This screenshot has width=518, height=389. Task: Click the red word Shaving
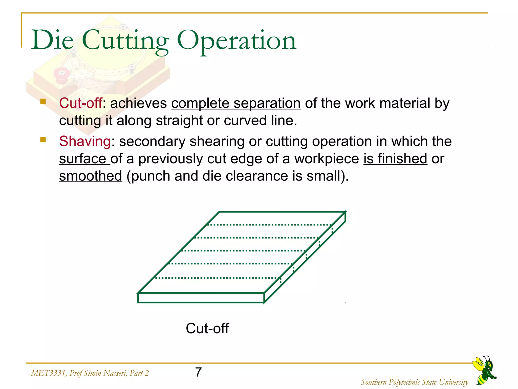point(85,141)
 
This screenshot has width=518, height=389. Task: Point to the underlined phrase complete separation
point(236,103)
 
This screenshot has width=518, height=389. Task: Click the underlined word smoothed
point(91,176)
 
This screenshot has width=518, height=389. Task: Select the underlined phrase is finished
point(395,159)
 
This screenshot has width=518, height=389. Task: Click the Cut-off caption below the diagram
point(207,328)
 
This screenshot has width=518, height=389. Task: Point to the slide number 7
point(199,372)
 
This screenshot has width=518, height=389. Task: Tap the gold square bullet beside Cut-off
point(43,102)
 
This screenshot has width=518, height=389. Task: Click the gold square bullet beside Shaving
point(43,140)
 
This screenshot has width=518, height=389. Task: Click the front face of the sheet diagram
point(201,298)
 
